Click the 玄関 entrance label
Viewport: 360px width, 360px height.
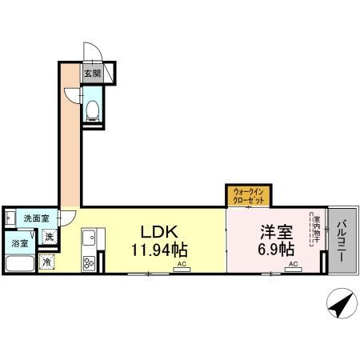click(x=92, y=74)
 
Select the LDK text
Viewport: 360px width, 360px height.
click(x=158, y=232)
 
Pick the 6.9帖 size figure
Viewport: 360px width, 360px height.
click(x=275, y=248)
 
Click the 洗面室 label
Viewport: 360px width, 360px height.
click(x=34, y=218)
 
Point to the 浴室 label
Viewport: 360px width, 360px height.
click(x=18, y=242)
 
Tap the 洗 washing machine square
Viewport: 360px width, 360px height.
click(x=49, y=237)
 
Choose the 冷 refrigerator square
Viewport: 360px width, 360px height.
click(x=47, y=262)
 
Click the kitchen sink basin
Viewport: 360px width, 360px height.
click(x=89, y=238)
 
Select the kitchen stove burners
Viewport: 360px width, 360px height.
click(x=89, y=261)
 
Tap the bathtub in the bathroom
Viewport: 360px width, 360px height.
click(x=19, y=264)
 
